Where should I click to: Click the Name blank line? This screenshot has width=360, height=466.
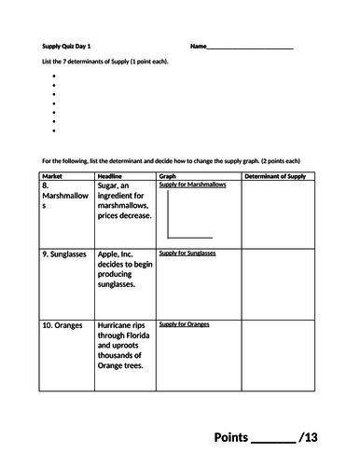(251, 48)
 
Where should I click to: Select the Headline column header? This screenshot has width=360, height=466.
(111, 175)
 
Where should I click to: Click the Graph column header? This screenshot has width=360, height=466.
(168, 175)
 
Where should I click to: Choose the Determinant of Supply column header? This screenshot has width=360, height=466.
(274, 175)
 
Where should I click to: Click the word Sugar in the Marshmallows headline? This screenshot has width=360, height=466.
(111, 186)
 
